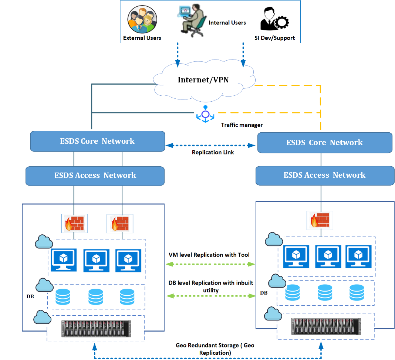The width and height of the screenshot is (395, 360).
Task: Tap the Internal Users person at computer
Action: (x=192, y=21)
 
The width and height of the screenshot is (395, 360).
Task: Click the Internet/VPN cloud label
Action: (x=203, y=80)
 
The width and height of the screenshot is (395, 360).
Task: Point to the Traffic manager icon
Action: (x=205, y=114)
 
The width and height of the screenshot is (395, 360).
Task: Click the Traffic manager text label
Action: (x=242, y=125)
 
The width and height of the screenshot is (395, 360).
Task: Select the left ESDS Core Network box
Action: (x=97, y=141)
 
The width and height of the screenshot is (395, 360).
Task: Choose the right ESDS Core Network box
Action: (x=324, y=143)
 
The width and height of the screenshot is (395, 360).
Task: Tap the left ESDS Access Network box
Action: (x=95, y=176)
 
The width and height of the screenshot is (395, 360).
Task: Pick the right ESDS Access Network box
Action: (x=324, y=175)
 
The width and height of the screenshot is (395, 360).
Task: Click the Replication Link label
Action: (x=213, y=152)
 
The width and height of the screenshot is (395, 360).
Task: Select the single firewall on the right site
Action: (x=320, y=220)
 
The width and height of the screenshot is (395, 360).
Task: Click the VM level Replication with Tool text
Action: (x=209, y=255)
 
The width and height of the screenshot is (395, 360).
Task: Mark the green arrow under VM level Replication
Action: (x=211, y=264)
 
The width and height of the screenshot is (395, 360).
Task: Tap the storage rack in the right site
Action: (x=325, y=326)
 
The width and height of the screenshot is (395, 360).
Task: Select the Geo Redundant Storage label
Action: (x=215, y=349)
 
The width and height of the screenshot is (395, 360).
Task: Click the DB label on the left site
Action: (x=30, y=296)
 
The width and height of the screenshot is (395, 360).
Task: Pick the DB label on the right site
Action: (x=264, y=293)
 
